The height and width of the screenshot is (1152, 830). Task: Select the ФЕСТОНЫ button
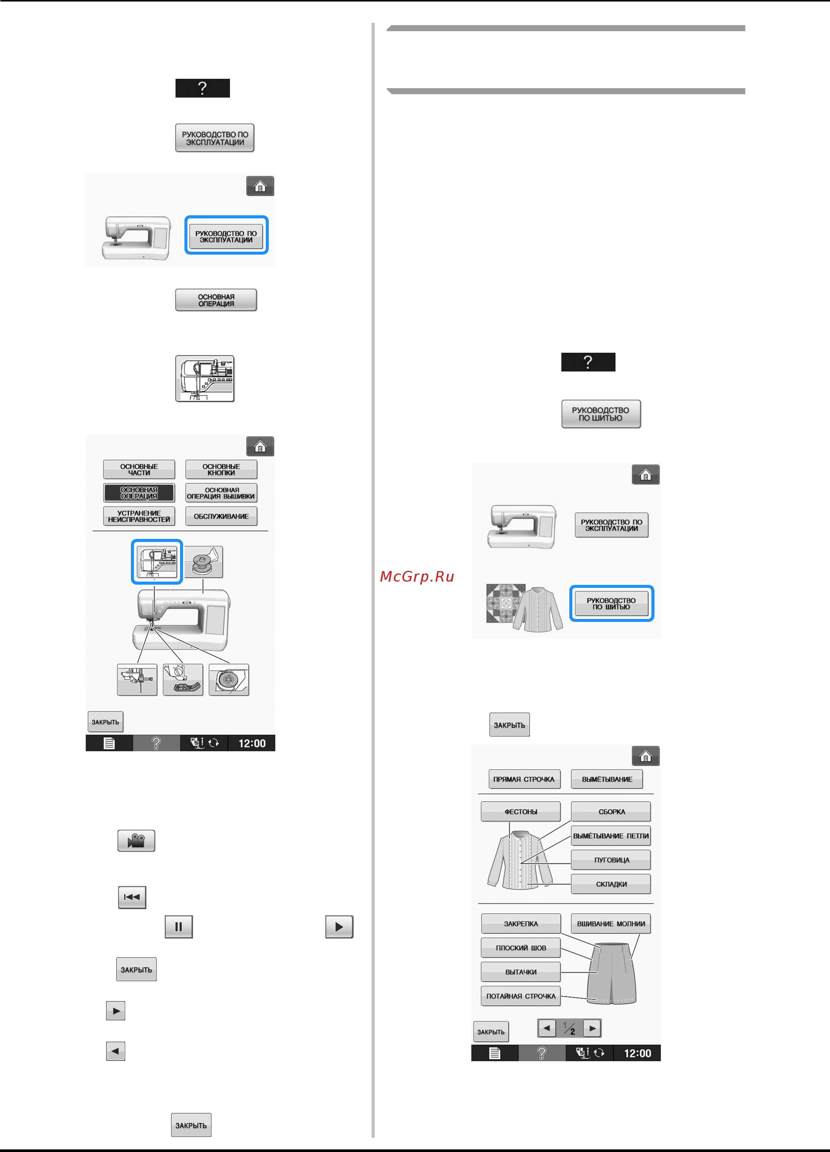pyautogui.click(x=521, y=811)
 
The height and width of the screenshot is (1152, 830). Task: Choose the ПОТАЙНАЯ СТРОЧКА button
pyautogui.click(x=521, y=996)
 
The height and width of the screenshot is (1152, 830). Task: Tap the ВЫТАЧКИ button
pyautogui.click(x=521, y=971)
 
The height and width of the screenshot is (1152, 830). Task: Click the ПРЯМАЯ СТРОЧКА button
pyautogui.click(x=524, y=779)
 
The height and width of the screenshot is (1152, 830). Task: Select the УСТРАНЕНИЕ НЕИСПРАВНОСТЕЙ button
pyautogui.click(x=139, y=516)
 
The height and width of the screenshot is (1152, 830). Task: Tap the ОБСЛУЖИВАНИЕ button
pyautogui.click(x=221, y=516)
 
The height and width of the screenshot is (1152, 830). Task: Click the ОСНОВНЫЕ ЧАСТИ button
pyautogui.click(x=139, y=469)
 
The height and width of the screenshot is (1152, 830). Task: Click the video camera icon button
pyautogui.click(x=136, y=841)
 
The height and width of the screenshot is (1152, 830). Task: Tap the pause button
pyautogui.click(x=179, y=926)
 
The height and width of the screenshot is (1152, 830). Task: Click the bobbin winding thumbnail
pyautogui.click(x=204, y=561)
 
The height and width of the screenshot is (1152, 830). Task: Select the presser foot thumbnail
pyautogui.click(x=183, y=679)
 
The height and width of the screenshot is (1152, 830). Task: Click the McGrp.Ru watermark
pyautogui.click(x=417, y=576)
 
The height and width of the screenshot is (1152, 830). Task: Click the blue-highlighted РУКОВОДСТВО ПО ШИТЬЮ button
pyautogui.click(x=611, y=603)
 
